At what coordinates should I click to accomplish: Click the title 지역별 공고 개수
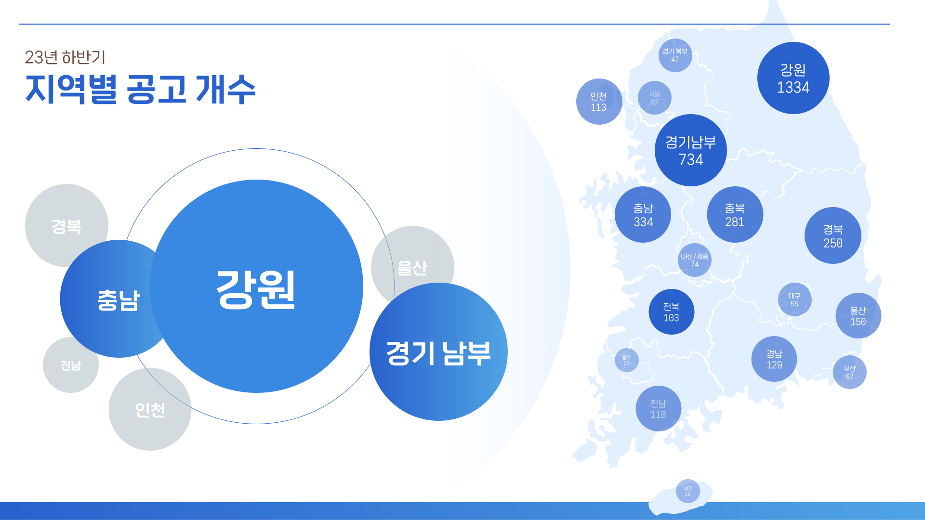(x=140, y=90)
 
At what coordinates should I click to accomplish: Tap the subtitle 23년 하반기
(x=65, y=57)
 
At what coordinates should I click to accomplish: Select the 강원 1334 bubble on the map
(x=793, y=78)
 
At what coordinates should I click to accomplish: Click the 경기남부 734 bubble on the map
(x=690, y=150)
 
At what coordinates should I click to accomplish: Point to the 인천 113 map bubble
(x=599, y=102)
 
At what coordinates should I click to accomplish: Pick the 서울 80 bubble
(x=654, y=98)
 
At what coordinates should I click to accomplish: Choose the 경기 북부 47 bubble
(x=675, y=55)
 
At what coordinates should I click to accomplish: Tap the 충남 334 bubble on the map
(x=643, y=215)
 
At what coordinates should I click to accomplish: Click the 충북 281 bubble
(x=735, y=215)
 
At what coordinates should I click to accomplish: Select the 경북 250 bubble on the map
(x=833, y=235)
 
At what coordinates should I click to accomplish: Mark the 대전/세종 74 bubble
(x=695, y=260)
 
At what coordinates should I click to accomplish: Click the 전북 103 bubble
(x=671, y=312)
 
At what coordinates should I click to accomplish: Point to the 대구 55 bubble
(x=794, y=299)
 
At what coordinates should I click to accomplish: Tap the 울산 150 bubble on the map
(x=858, y=316)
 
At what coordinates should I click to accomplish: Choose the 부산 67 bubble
(x=849, y=372)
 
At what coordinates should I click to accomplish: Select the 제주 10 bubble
(x=687, y=491)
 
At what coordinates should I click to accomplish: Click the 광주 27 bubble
(x=626, y=360)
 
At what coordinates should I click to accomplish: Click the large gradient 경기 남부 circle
(x=438, y=352)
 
